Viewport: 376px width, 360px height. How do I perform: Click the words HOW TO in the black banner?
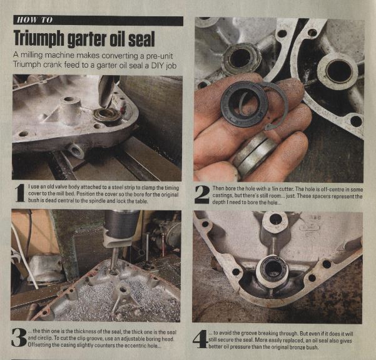click(34, 20)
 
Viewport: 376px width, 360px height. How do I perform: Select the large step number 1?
click(20, 193)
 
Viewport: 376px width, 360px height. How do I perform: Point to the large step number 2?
click(203, 194)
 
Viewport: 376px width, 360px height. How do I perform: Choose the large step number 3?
click(19, 337)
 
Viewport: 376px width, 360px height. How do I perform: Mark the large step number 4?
click(200, 339)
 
